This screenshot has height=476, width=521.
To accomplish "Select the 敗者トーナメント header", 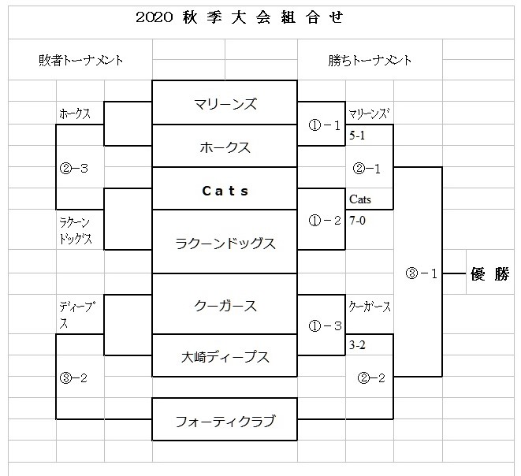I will [80, 60].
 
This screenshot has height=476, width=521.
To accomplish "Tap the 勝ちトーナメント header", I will [370, 60].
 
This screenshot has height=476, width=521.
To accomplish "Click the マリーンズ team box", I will [225, 103].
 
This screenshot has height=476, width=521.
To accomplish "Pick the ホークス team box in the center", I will [225, 147].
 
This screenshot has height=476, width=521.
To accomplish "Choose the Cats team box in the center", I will [225, 190].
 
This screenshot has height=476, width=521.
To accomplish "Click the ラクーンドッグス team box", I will [225, 243].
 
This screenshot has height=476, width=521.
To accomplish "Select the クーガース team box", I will [225, 305].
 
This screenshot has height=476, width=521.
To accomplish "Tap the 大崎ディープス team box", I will [225, 356].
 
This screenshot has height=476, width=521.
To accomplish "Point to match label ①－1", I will [322, 125].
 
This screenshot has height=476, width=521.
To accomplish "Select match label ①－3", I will [322, 325].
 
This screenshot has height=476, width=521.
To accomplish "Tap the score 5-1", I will [357, 135].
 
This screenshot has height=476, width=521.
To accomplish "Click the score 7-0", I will [357, 220].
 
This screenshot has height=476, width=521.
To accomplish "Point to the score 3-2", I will [357, 344].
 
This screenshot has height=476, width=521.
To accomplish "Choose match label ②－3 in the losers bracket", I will [73, 167].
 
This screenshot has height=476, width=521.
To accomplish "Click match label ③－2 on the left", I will [73, 377].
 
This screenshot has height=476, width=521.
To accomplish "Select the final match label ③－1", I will [418, 273].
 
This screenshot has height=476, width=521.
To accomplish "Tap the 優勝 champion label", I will [489, 274].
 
